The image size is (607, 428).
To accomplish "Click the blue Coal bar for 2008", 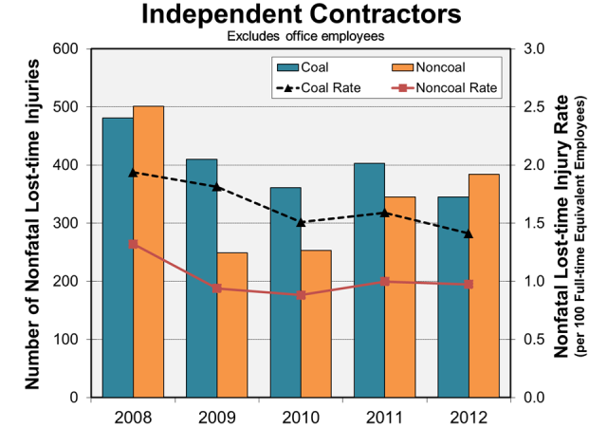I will pyautogui.click(x=118, y=257).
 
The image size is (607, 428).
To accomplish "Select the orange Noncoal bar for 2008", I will pyautogui.click(x=148, y=251).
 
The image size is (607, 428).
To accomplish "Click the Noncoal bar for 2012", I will pyautogui.click(x=484, y=286).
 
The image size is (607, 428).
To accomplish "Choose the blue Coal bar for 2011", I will pyautogui.click(x=369, y=280).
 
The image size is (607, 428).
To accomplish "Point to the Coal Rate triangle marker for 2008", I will pyautogui.click(x=133, y=173).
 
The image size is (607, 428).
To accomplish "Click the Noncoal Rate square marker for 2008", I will pyautogui.click(x=133, y=244).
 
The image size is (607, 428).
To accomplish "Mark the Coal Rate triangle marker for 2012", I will pyautogui.click(x=469, y=233).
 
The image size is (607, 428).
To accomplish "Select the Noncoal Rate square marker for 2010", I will pyautogui.click(x=301, y=295).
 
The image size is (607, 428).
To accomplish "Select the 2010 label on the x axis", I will pyautogui.click(x=301, y=416).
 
